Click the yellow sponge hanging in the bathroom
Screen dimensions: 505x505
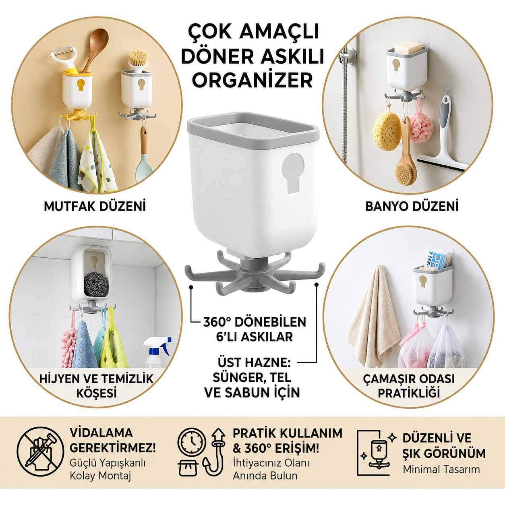tap(387, 131)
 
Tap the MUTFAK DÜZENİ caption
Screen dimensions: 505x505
tap(95, 206)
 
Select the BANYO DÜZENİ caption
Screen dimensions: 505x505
tap(412, 206)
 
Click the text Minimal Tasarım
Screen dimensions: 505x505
tap(441, 469)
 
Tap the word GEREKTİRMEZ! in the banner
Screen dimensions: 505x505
tap(113, 448)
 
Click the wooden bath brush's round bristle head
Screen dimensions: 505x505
tap(405, 172)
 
